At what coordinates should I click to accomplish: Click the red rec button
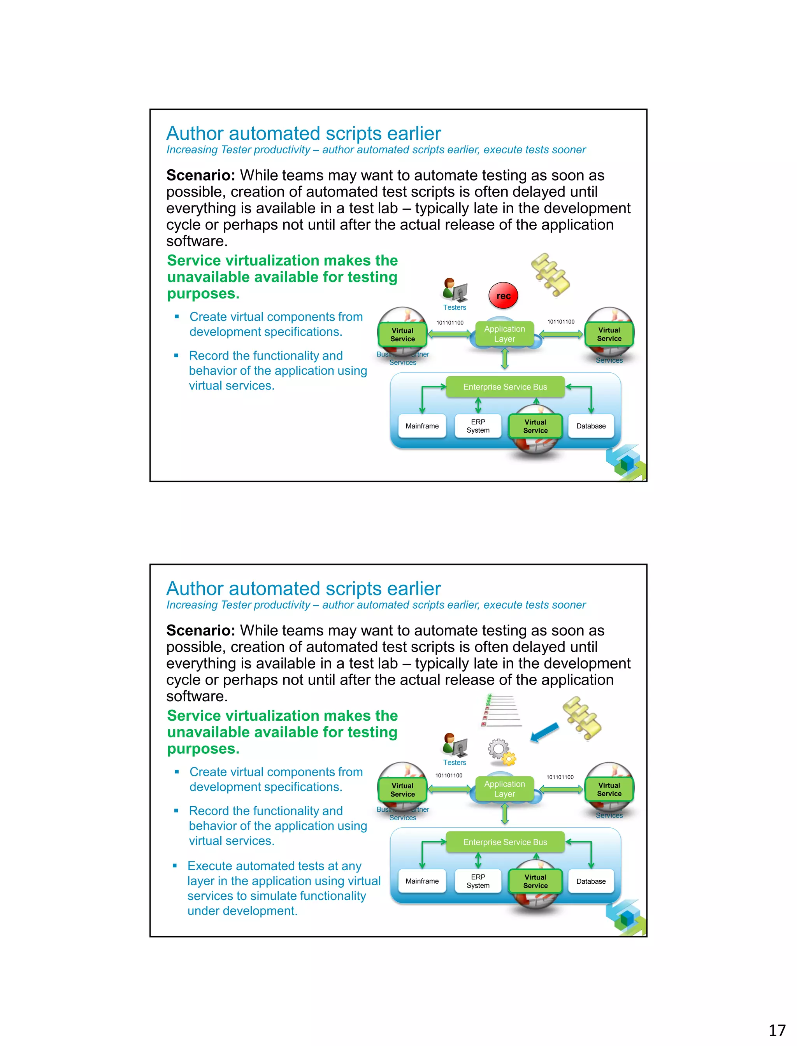coord(503,295)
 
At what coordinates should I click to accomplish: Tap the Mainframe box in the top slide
coord(422,426)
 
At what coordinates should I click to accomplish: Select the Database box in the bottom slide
coord(591,881)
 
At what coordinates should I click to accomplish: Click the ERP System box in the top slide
coord(478,426)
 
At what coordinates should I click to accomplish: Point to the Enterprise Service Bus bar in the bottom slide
coord(505,842)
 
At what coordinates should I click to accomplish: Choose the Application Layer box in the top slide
coord(504,334)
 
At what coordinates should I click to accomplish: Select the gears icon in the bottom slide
coord(502,752)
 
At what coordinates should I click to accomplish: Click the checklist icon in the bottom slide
coord(500,711)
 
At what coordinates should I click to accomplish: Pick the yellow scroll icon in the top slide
coord(550,274)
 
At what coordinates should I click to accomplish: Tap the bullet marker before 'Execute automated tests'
coord(175,866)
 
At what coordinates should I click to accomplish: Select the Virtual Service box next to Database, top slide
coord(535,426)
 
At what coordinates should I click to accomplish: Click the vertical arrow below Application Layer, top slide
coord(505,359)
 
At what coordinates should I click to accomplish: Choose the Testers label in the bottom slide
coord(455,762)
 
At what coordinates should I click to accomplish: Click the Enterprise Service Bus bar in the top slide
coord(505,387)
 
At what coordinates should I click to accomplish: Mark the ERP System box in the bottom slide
coord(478,881)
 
